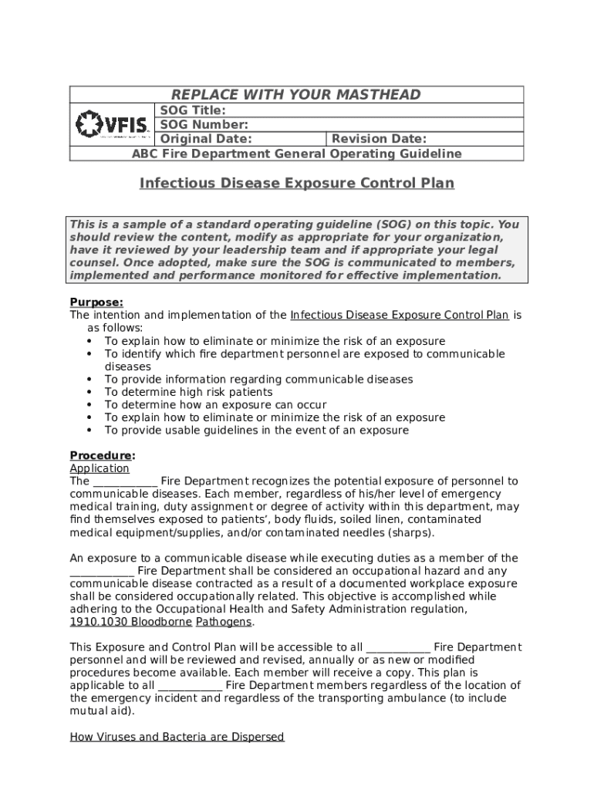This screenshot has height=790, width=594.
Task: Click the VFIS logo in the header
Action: [113, 124]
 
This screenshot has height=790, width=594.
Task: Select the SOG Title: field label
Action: [192, 110]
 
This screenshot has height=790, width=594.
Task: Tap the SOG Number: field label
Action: [204, 124]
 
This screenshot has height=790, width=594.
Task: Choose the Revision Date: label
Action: [378, 139]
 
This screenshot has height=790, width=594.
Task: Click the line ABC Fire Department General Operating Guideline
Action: [296, 154]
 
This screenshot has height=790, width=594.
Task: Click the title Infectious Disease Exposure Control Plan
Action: [296, 184]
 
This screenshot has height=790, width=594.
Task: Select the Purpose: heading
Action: [96, 302]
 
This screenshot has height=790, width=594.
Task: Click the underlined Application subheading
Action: [100, 468]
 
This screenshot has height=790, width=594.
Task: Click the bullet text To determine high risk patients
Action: [188, 392]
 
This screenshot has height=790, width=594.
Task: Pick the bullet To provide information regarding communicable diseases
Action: [258, 379]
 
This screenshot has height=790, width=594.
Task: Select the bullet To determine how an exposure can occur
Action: [215, 404]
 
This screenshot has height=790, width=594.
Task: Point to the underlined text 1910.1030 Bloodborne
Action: [130, 622]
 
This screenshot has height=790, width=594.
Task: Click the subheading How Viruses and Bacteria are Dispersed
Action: [177, 737]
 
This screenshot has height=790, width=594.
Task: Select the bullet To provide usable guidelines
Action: [256, 430]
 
